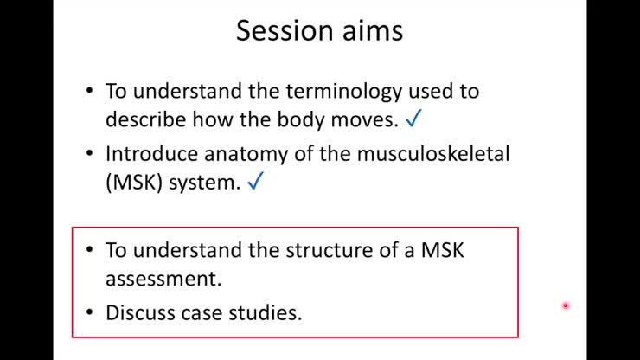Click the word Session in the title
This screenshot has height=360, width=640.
click(279, 31)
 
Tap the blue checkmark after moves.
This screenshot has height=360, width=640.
click(413, 118)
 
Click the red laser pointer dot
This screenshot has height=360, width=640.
click(566, 305)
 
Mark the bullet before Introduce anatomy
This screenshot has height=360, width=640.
click(91, 155)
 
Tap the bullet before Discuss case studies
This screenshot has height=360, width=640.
click(91, 312)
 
